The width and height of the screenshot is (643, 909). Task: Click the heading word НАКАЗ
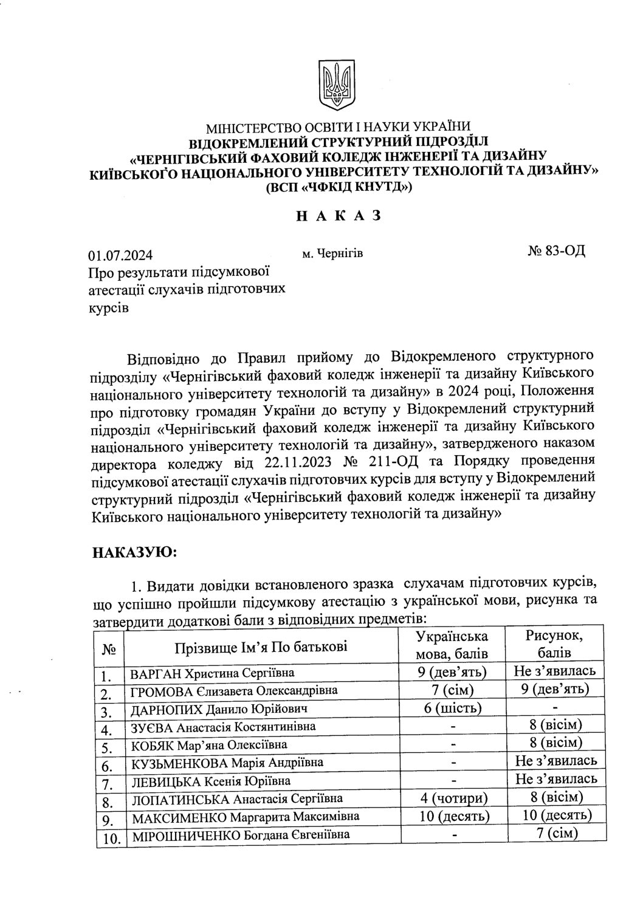[339, 215]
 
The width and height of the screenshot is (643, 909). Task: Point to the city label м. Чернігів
[332, 253]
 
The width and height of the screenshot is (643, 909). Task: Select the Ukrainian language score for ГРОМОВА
[451, 690]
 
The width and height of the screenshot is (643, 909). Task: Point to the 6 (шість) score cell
[451, 708]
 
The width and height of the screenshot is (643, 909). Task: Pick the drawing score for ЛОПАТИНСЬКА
[554, 797]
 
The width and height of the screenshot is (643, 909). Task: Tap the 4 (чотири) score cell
[451, 797]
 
